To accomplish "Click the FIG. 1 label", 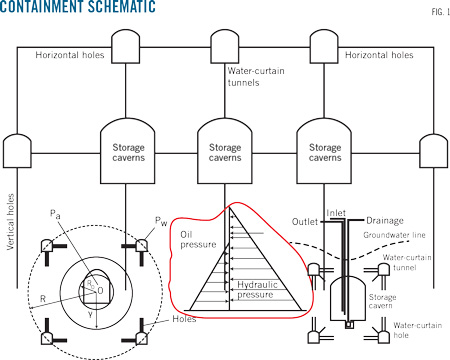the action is (x=440, y=12).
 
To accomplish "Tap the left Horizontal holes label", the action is (x=70, y=55).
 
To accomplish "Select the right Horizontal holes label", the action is (x=379, y=55).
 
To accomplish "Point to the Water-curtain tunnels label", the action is (x=256, y=77).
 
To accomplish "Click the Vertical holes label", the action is (x=11, y=222).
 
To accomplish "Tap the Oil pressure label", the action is (x=198, y=240).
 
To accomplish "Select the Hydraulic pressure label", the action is (x=257, y=290).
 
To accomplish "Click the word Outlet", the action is (x=305, y=222).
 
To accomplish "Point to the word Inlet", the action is (x=336, y=213).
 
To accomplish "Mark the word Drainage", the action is (x=385, y=221).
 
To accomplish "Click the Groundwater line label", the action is (x=394, y=235).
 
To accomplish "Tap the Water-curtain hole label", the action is (x=417, y=330).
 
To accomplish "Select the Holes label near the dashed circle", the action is (x=184, y=319).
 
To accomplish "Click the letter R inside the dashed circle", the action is (x=43, y=299).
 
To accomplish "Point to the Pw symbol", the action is (x=161, y=221).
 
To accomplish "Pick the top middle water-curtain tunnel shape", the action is (x=225, y=46).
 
